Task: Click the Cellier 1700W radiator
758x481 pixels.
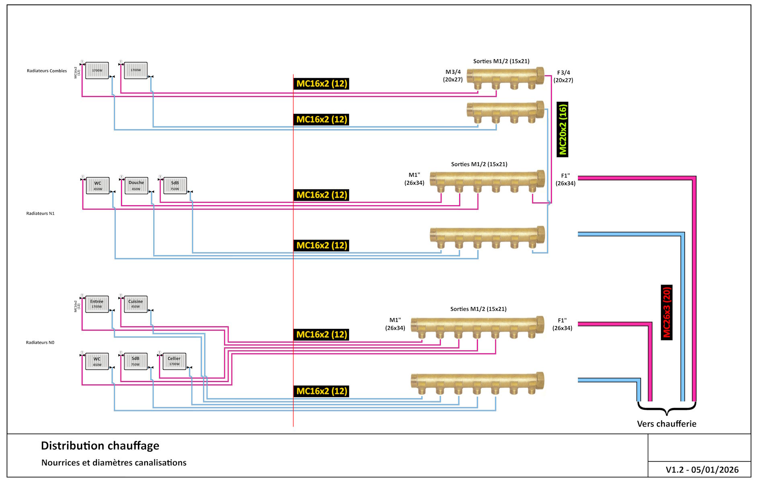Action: (174, 361)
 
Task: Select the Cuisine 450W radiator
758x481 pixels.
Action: (136, 304)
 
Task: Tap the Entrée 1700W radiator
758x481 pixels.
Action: (97, 304)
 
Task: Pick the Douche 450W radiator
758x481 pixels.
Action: (136, 186)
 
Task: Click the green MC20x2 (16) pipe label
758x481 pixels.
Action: (563, 129)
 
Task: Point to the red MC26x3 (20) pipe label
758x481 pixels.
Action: (666, 312)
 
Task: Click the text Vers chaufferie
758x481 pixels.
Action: (666, 423)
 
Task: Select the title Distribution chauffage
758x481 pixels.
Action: (100, 446)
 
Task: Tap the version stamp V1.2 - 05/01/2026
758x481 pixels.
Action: (702, 470)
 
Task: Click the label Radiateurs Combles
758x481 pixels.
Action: (47, 71)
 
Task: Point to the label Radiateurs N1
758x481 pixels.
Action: (40, 213)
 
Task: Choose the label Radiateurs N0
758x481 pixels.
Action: (40, 343)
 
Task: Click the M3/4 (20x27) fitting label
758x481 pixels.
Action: (453, 76)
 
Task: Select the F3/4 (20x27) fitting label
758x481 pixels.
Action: (563, 76)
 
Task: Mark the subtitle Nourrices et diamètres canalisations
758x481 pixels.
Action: (114, 463)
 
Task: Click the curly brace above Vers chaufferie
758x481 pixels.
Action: (667, 409)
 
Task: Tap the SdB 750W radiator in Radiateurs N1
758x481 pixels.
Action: (175, 186)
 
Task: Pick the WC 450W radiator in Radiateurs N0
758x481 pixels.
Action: (97, 361)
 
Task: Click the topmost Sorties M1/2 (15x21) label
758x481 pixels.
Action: (501, 61)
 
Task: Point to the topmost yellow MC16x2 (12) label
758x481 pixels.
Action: (322, 84)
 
